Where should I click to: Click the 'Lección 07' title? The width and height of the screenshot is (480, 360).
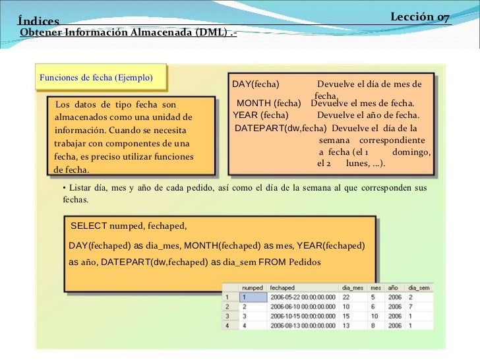pos(420,17)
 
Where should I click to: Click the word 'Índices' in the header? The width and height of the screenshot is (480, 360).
pos(38,22)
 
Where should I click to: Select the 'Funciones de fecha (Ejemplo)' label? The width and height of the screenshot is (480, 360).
pos(96,77)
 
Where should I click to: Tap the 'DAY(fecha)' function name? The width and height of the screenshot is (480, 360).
pos(256,84)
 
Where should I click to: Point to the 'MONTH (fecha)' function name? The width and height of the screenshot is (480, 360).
pos(268,104)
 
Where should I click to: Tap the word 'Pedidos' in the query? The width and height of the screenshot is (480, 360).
pos(304,262)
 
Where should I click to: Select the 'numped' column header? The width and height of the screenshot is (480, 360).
pos(253,288)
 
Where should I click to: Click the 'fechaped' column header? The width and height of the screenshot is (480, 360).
pos(282,288)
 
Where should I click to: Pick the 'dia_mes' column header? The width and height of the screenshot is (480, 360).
pos(353,288)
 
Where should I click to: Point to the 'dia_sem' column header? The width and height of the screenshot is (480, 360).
pos(419,288)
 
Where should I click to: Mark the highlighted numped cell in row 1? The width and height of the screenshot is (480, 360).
pos(252,297)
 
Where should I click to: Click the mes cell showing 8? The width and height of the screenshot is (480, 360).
pos(373,325)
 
